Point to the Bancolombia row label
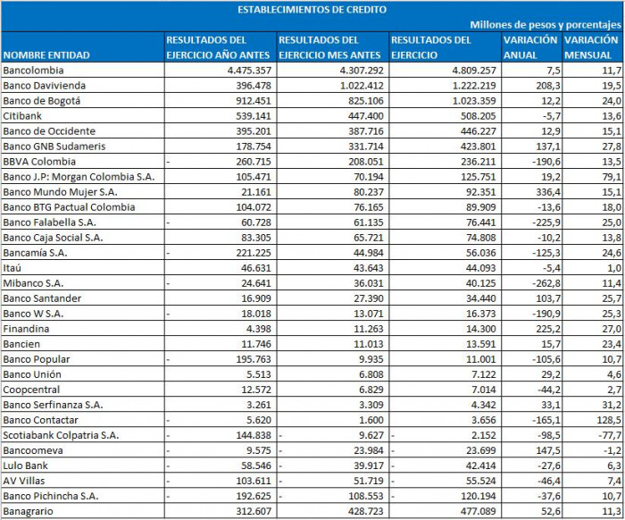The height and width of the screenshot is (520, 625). tap(34, 70)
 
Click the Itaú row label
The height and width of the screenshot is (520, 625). tap(14, 267)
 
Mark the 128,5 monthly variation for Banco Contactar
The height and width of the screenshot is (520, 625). tap(606, 419)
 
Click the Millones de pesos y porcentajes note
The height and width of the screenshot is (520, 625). tap(546, 25)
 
